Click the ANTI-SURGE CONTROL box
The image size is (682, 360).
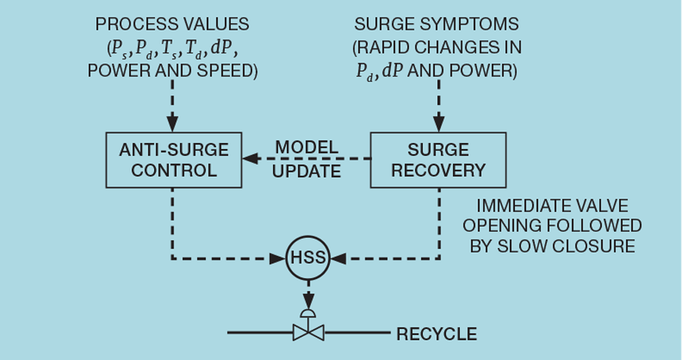tap(173, 161)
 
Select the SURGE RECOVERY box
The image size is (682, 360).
tap(438, 161)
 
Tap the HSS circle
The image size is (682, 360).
tap(308, 258)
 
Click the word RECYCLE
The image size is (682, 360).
tap(436, 334)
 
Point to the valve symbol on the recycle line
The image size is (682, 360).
tap(308, 333)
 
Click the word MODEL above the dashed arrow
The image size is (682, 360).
tap(307, 148)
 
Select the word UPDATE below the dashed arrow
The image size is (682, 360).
tap(307, 172)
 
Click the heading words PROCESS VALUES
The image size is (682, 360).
tap(172, 24)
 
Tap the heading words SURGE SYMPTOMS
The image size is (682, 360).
tap(436, 24)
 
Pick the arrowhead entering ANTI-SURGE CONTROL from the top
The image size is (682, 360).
tap(173, 120)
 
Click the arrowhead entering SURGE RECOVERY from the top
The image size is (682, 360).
tap(438, 120)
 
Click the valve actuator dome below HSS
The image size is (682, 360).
tap(308, 311)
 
